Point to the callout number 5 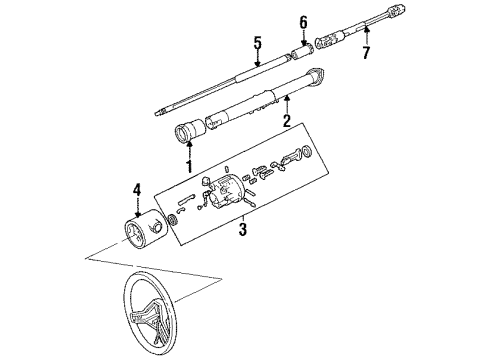(256, 43)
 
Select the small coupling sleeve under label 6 (301, 48)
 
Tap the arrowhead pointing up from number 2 (287, 99)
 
